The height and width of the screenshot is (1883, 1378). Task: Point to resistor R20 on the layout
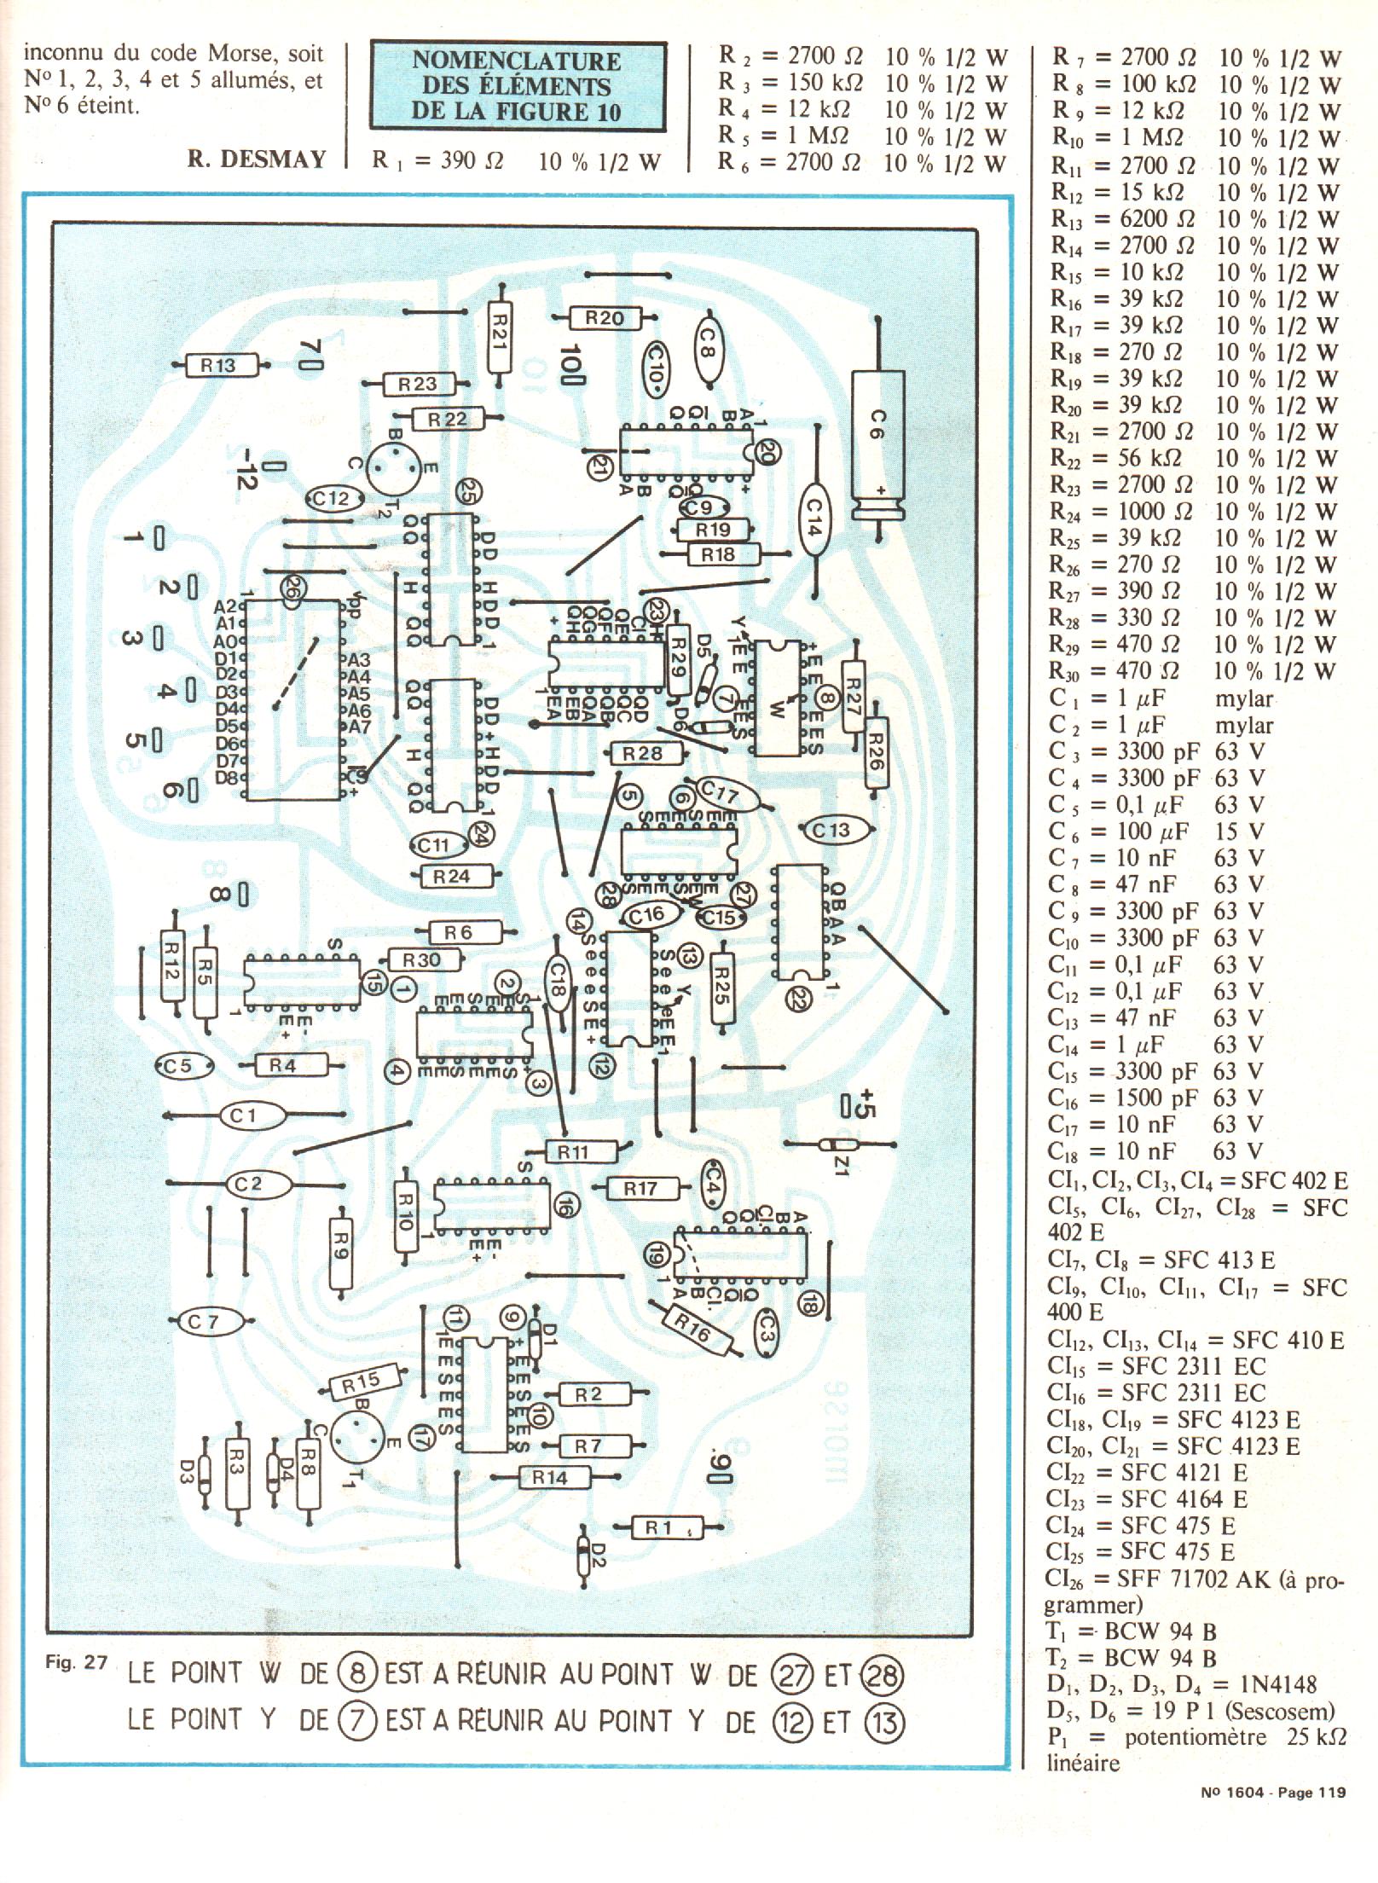click(604, 318)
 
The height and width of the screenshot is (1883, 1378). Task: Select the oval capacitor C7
click(204, 1323)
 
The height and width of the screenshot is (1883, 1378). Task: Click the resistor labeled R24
click(451, 876)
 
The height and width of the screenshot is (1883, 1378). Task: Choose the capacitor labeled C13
click(831, 830)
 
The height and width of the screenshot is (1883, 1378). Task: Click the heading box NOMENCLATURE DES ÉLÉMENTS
click(517, 86)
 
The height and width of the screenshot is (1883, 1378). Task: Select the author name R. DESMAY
click(256, 159)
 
